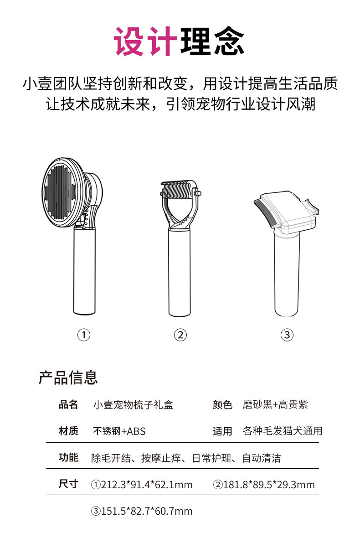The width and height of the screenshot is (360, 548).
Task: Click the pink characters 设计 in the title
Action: (x=144, y=42)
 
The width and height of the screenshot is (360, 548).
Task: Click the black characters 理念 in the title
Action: (x=212, y=42)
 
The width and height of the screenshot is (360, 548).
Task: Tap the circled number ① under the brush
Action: (x=84, y=335)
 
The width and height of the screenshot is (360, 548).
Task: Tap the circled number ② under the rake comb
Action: (x=180, y=335)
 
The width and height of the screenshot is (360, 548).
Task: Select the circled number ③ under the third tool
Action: (x=287, y=335)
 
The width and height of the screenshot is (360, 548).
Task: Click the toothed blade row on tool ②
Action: (x=179, y=189)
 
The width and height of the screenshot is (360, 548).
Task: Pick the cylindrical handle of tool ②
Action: (x=180, y=274)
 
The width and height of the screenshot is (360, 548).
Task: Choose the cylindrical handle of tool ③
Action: (x=287, y=278)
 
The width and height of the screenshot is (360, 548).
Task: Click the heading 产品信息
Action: (x=68, y=377)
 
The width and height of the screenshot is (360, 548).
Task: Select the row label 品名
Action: (x=68, y=404)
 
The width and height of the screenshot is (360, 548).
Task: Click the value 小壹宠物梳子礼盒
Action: (x=133, y=404)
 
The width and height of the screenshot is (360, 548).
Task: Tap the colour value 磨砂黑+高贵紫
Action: (x=275, y=404)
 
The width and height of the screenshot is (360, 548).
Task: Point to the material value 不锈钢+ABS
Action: (x=119, y=431)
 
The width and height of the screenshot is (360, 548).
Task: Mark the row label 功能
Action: (x=68, y=458)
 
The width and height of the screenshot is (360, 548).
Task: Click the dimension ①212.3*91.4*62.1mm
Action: (x=142, y=484)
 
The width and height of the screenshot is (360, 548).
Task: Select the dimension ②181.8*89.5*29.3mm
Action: (x=264, y=484)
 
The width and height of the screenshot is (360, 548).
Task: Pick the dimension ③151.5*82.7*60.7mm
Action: (x=142, y=511)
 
